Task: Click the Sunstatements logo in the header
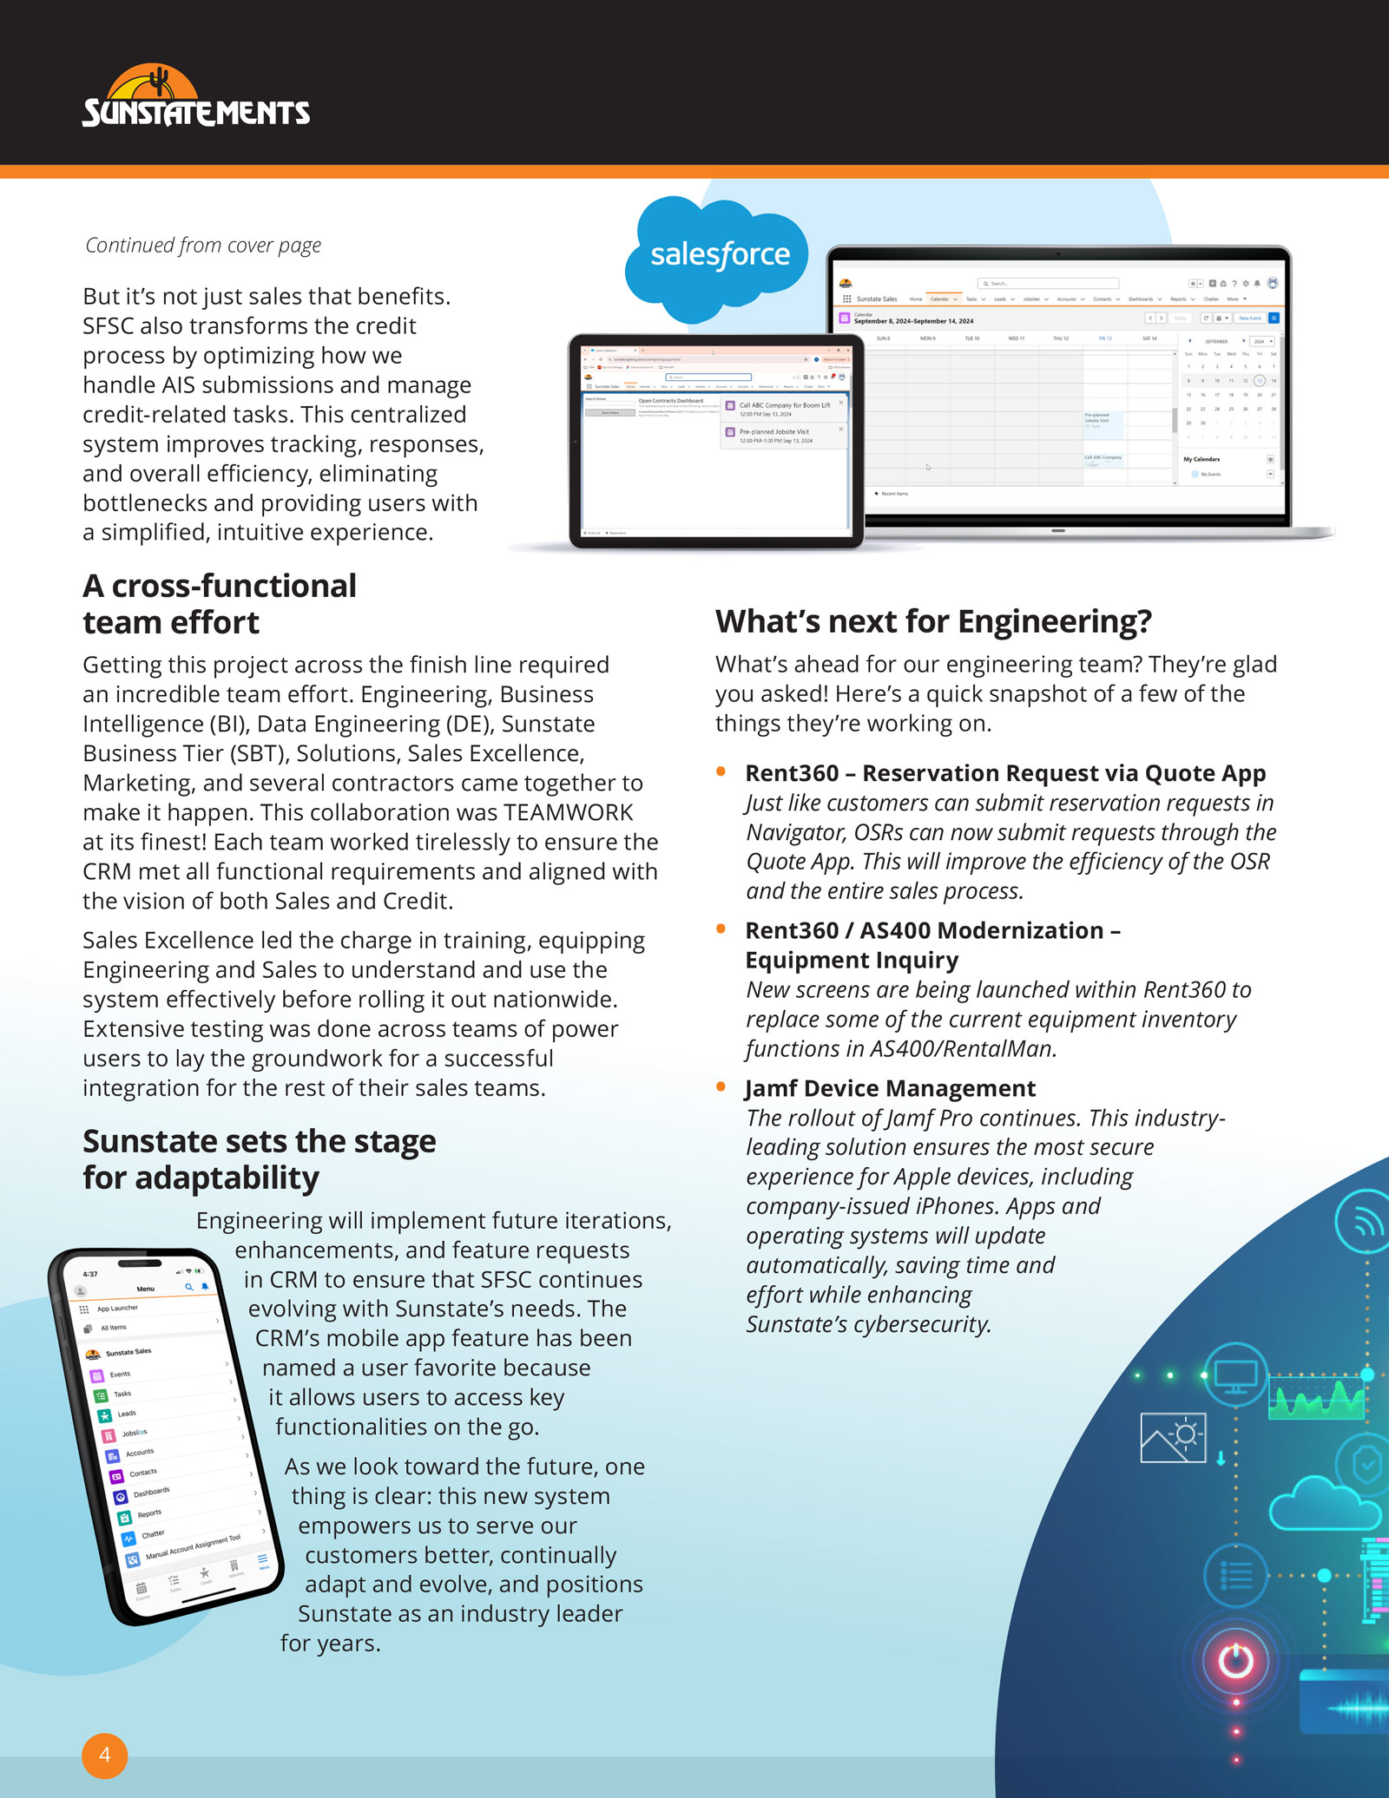195,97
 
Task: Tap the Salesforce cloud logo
720,255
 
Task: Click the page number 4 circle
105,1755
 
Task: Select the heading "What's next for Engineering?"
933,621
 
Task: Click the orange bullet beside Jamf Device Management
721,1086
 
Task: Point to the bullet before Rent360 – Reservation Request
721,771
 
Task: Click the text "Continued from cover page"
203,246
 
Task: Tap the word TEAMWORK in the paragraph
569,812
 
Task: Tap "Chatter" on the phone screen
153,1534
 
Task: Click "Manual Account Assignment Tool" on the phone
193,1547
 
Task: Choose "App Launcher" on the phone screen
117,1308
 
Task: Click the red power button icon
1235,1661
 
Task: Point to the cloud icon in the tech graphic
1323,1507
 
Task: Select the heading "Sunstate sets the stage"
259,1141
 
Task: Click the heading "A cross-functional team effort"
219,604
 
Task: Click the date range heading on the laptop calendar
913,321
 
